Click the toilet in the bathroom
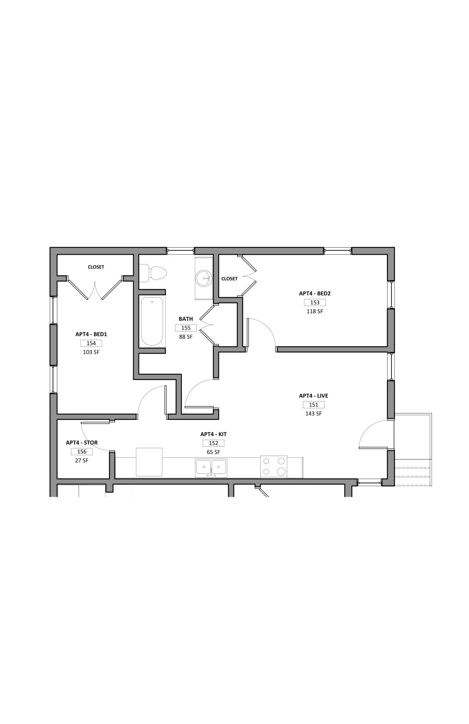coord(153,273)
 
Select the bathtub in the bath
coord(152,321)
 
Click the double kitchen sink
coord(211,468)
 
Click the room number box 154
coord(91,343)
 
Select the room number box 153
coord(315,302)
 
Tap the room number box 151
coord(313,405)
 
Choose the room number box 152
coord(213,443)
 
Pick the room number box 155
coord(186,328)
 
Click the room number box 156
coord(82,452)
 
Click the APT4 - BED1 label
coord(91,334)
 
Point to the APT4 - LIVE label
coord(313,396)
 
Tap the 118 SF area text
coord(315,312)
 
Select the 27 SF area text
coord(82,460)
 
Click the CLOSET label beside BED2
coord(229,279)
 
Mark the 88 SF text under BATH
coord(186,337)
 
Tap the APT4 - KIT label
coord(213,434)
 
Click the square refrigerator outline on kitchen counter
coord(149,462)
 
